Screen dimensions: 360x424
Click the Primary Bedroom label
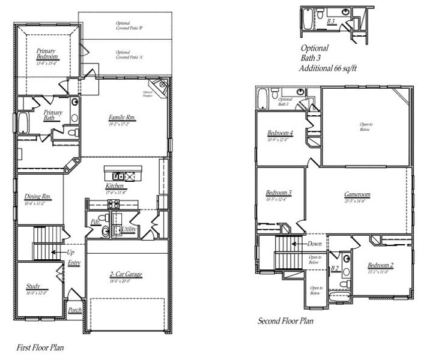click(x=46, y=54)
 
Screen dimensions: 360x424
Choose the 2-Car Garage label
click(x=126, y=274)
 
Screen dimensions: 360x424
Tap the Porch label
click(x=75, y=310)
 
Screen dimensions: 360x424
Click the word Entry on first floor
click(x=74, y=263)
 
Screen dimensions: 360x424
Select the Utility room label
click(x=129, y=229)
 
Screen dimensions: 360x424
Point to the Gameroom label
click(x=357, y=195)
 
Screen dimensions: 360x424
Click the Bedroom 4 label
click(x=280, y=133)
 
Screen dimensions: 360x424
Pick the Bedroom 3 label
click(x=279, y=193)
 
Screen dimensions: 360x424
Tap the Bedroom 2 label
click(x=380, y=265)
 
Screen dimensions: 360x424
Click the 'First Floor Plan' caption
click(x=40, y=347)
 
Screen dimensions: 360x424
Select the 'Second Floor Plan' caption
click(x=285, y=321)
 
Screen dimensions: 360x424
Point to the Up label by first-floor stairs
click(x=71, y=253)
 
